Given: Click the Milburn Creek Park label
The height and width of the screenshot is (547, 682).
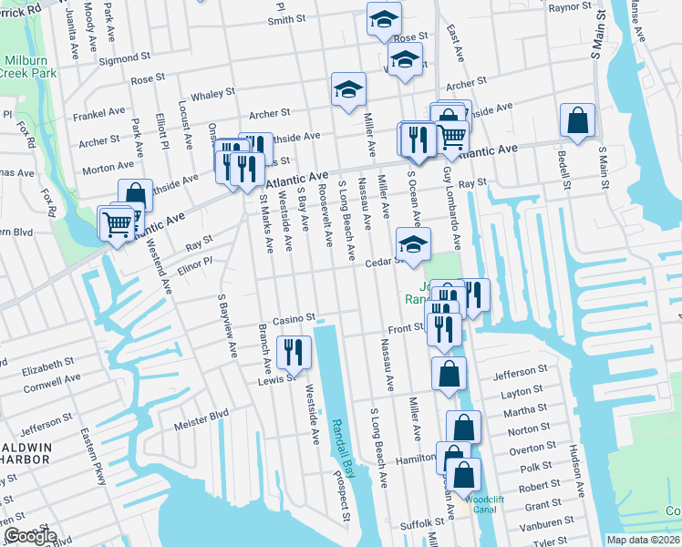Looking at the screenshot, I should pyautogui.click(x=28, y=65).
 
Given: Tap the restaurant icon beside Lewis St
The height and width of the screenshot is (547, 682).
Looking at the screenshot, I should pyautogui.click(x=294, y=351).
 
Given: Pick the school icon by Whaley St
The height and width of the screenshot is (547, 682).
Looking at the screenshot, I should pyautogui.click(x=347, y=89).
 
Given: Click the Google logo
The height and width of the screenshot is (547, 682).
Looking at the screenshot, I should pyautogui.click(x=30, y=536).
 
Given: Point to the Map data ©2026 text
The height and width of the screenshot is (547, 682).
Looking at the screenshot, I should pyautogui.click(x=644, y=540).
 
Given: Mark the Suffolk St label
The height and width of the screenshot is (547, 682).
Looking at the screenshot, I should pyautogui.click(x=419, y=525).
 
